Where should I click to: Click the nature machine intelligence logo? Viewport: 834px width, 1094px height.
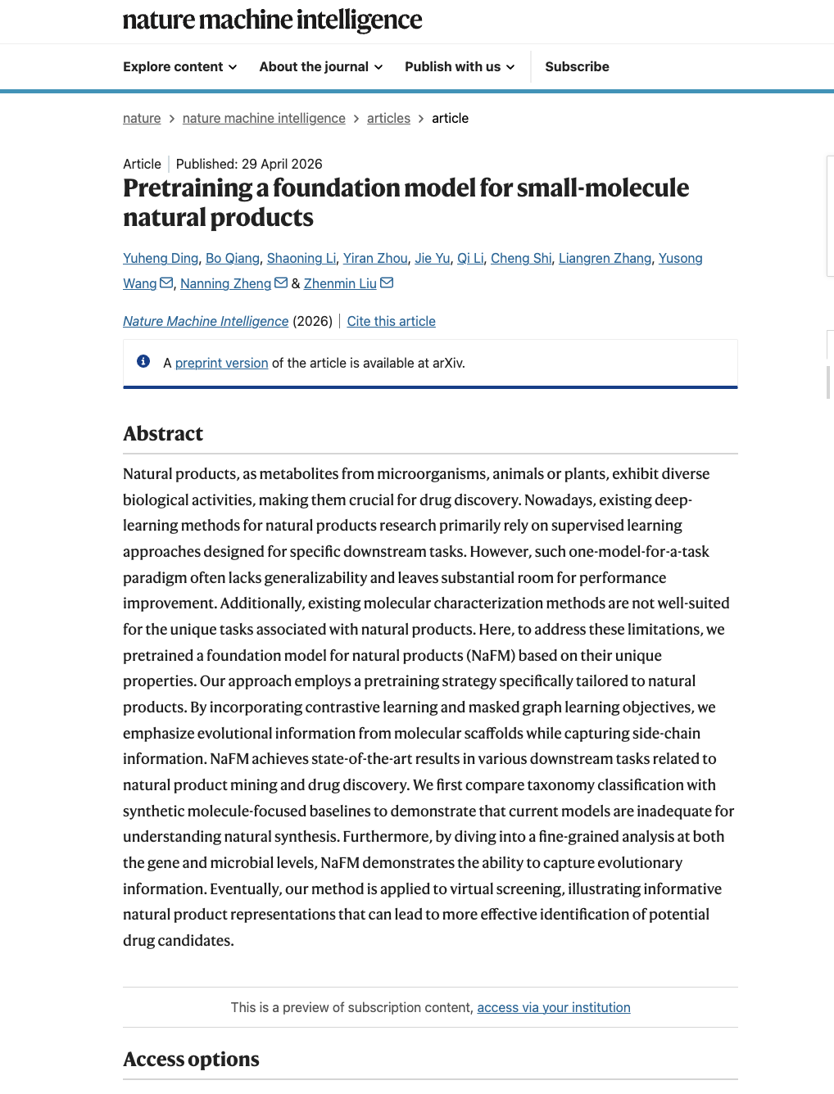click(272, 20)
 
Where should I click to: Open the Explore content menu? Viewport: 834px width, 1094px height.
click(179, 67)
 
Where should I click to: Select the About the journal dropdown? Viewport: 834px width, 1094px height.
click(320, 67)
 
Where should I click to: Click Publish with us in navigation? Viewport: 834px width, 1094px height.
click(460, 67)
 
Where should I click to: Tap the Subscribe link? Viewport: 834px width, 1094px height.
click(577, 67)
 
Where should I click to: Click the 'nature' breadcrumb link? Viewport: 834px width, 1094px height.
click(142, 119)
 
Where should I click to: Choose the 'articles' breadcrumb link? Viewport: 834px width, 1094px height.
click(388, 119)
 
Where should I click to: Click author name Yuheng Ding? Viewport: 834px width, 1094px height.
click(161, 259)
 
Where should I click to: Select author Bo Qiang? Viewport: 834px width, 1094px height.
click(233, 259)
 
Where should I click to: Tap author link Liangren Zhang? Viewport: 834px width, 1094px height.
click(605, 259)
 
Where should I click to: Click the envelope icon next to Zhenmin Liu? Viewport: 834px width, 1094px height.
click(388, 283)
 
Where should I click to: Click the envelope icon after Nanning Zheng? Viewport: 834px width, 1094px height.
click(281, 283)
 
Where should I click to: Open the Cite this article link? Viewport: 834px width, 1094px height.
click(391, 322)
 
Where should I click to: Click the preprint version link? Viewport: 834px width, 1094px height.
click(221, 364)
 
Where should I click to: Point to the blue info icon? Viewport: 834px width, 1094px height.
click(143, 362)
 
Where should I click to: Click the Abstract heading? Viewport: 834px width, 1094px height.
click(163, 434)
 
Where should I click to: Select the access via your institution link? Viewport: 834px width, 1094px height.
click(553, 1008)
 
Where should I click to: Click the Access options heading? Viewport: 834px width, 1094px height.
click(191, 1060)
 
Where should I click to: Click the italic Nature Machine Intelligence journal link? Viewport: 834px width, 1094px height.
click(206, 322)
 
